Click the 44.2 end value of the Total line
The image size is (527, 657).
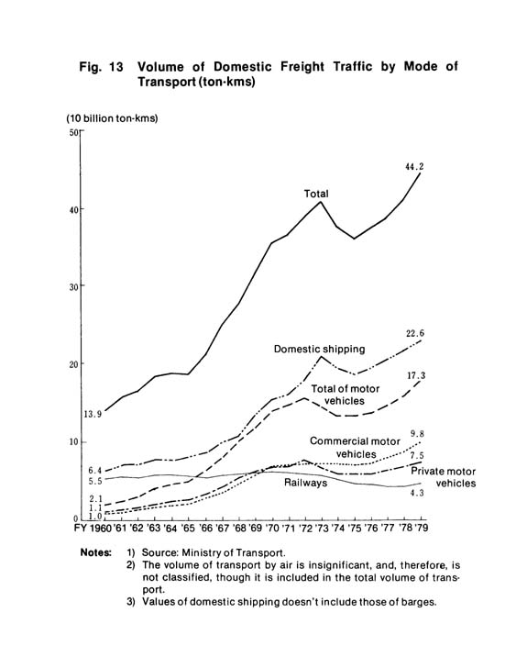414,167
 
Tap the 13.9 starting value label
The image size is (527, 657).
93,415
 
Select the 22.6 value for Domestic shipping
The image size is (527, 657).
415,333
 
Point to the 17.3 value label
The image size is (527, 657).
416,375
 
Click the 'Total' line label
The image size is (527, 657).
316,194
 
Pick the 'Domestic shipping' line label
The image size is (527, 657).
319,349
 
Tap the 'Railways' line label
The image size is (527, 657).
305,483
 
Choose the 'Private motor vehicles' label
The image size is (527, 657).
444,477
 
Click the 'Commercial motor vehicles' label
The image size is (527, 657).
355,448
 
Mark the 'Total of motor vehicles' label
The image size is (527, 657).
346,395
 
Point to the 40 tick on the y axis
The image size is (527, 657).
74,209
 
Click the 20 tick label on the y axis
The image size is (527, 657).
74,363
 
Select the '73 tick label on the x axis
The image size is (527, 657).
323,528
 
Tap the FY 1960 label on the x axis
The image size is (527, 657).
93,528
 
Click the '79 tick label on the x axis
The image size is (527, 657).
421,528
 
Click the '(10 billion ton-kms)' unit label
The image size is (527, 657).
112,118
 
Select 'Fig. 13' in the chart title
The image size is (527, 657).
102,67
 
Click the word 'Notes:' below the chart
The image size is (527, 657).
96,552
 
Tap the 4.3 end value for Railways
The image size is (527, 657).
417,493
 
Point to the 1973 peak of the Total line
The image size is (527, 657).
321,202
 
